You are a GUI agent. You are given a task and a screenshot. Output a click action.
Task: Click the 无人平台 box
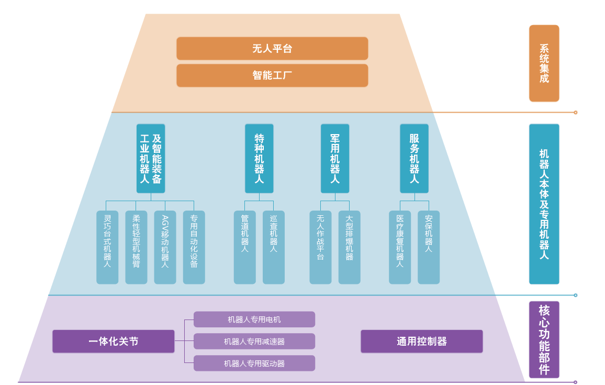[x=272, y=49]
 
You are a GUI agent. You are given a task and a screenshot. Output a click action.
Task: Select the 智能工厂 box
[x=272, y=75]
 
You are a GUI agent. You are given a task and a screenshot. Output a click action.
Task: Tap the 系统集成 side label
[x=544, y=63]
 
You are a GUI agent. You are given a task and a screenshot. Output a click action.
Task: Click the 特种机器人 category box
[x=259, y=159]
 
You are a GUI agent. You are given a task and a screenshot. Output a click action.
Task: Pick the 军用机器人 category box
[x=335, y=159]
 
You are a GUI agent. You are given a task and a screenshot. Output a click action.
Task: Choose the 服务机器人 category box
[x=414, y=159]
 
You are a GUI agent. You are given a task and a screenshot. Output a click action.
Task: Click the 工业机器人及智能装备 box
[x=151, y=159]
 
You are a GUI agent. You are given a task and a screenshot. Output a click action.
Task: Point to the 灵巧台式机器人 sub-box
[x=107, y=247]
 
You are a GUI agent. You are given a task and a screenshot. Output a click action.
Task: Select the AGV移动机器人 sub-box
[x=165, y=247]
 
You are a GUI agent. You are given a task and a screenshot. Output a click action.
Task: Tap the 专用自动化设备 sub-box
[x=194, y=247]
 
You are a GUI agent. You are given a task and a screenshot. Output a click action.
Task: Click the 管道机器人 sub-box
[x=244, y=247]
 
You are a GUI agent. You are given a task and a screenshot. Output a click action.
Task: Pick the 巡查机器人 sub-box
[x=273, y=247]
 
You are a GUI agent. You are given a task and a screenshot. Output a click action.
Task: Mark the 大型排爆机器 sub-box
[x=349, y=247]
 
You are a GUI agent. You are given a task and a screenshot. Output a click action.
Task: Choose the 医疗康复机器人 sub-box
[x=400, y=247]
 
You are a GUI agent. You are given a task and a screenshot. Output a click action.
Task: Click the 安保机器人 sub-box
[x=429, y=247]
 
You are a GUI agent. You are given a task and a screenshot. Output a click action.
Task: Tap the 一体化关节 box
[x=113, y=342]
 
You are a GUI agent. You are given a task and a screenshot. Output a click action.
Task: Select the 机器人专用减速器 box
[x=254, y=342]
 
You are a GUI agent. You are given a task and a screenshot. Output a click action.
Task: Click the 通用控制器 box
[x=422, y=342]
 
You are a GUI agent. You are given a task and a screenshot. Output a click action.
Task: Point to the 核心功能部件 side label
[x=544, y=339]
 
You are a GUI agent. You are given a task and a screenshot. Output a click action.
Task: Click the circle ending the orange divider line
[x=575, y=113]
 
